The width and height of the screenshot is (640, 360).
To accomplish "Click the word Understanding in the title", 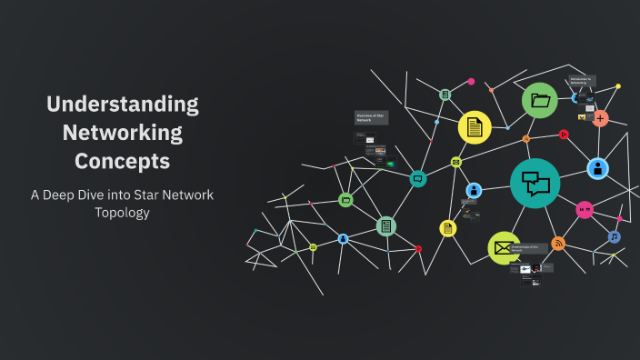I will coord(122,104).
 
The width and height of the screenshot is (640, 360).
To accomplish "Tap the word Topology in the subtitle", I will coord(122,213).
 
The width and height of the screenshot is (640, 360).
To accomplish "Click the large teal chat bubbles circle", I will coord(535,183).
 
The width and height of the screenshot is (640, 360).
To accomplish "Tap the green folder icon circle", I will coord(540,101).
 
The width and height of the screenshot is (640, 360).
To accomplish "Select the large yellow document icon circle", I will coord(474,128).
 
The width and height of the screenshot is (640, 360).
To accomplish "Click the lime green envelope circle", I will coord(504,247).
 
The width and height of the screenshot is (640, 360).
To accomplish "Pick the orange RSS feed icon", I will coord(558,243).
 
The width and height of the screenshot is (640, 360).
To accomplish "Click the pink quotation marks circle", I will coord(585,210).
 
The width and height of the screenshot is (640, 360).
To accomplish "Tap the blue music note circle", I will coord(615,236).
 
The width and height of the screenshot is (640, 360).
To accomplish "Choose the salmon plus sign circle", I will coord(600,118).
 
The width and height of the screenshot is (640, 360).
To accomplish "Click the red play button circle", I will coord(564,135).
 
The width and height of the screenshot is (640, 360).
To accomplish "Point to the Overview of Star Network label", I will coord(371,117).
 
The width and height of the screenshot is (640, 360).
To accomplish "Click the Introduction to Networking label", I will coord(582,82).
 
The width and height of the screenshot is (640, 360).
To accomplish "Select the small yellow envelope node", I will coord(456,162).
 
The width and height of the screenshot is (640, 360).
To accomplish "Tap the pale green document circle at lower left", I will coord(386,225).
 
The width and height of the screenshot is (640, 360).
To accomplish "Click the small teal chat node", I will coord(418,179).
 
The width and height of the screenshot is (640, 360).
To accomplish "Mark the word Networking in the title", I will coord(122,133).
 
